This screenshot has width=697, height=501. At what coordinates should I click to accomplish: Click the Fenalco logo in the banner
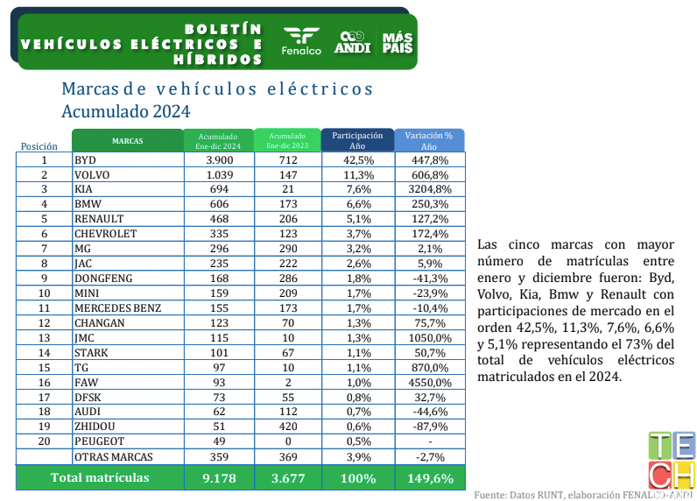pyautogui.click(x=301, y=41)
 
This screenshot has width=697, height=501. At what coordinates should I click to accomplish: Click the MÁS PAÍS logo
pyautogui.click(x=398, y=41)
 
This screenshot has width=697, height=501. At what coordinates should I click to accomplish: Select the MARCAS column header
pyautogui.click(x=127, y=141)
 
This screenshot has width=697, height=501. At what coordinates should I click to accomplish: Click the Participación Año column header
pyautogui.click(x=357, y=141)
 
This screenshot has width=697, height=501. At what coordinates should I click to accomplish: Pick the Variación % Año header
pyautogui.click(x=429, y=141)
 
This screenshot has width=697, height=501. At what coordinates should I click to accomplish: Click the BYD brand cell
pyautogui.click(x=86, y=160)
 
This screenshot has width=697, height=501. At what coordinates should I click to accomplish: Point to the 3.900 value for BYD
pyautogui.click(x=218, y=160)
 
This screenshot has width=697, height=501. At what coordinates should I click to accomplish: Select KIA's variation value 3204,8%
pyautogui.click(x=429, y=188)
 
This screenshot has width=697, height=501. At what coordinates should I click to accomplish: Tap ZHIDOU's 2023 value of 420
pyautogui.click(x=287, y=427)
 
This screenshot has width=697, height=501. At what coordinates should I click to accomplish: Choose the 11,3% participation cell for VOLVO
pyautogui.click(x=357, y=174)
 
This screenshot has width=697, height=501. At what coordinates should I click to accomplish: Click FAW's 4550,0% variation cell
pyautogui.click(x=429, y=383)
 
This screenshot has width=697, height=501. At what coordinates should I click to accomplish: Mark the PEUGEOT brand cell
pyautogui.click(x=99, y=441)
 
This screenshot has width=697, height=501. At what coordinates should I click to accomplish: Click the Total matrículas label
pyautogui.click(x=99, y=478)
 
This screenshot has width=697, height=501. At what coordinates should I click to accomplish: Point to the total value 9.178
pyautogui.click(x=218, y=478)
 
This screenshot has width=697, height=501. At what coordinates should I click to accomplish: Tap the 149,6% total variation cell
pyautogui.click(x=429, y=478)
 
